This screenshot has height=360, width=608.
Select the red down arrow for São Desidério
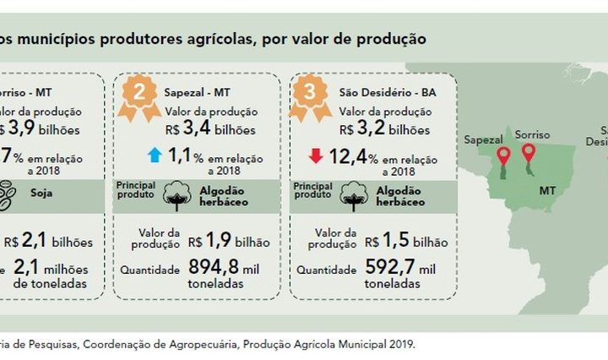317,155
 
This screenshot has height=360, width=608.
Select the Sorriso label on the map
532,135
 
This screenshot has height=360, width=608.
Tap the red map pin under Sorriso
529,152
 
